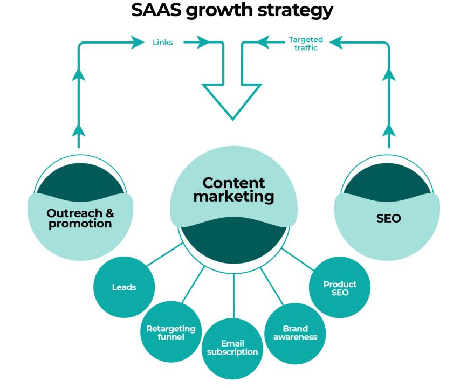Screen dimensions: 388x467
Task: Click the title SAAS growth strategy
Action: click(233, 13)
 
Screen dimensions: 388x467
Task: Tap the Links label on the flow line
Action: click(162, 43)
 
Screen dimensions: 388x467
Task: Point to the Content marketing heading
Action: click(233, 190)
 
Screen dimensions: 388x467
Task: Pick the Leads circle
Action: click(123, 287)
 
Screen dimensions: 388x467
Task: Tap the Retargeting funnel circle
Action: click(170, 332)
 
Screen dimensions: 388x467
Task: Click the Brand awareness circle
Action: click(295, 332)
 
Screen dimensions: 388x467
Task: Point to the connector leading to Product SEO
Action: click(299, 258)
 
